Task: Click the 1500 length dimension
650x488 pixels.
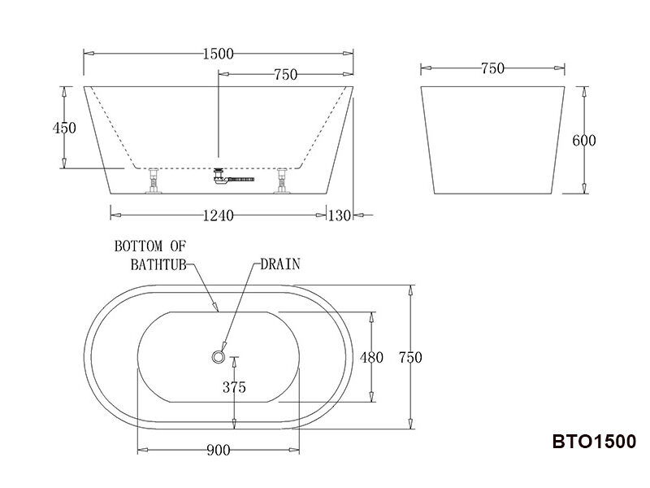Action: point(218,54)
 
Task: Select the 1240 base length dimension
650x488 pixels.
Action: point(217,216)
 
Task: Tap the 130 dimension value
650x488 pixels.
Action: point(340,216)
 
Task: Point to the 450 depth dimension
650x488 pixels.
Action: point(63,128)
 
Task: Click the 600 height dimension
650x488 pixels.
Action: point(584,141)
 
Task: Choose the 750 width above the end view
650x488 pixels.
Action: point(493,69)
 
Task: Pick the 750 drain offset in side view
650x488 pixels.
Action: point(285,75)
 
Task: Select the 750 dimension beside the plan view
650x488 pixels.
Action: point(410,357)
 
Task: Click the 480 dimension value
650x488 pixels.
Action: point(371,357)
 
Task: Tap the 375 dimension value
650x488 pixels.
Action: point(234,387)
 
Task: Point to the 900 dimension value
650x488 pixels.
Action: point(218,450)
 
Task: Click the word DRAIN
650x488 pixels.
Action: point(280,264)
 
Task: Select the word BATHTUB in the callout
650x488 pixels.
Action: point(160,264)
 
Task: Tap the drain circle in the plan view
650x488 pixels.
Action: point(217,356)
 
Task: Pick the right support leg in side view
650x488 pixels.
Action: point(283,181)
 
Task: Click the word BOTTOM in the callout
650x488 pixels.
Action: point(139,246)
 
